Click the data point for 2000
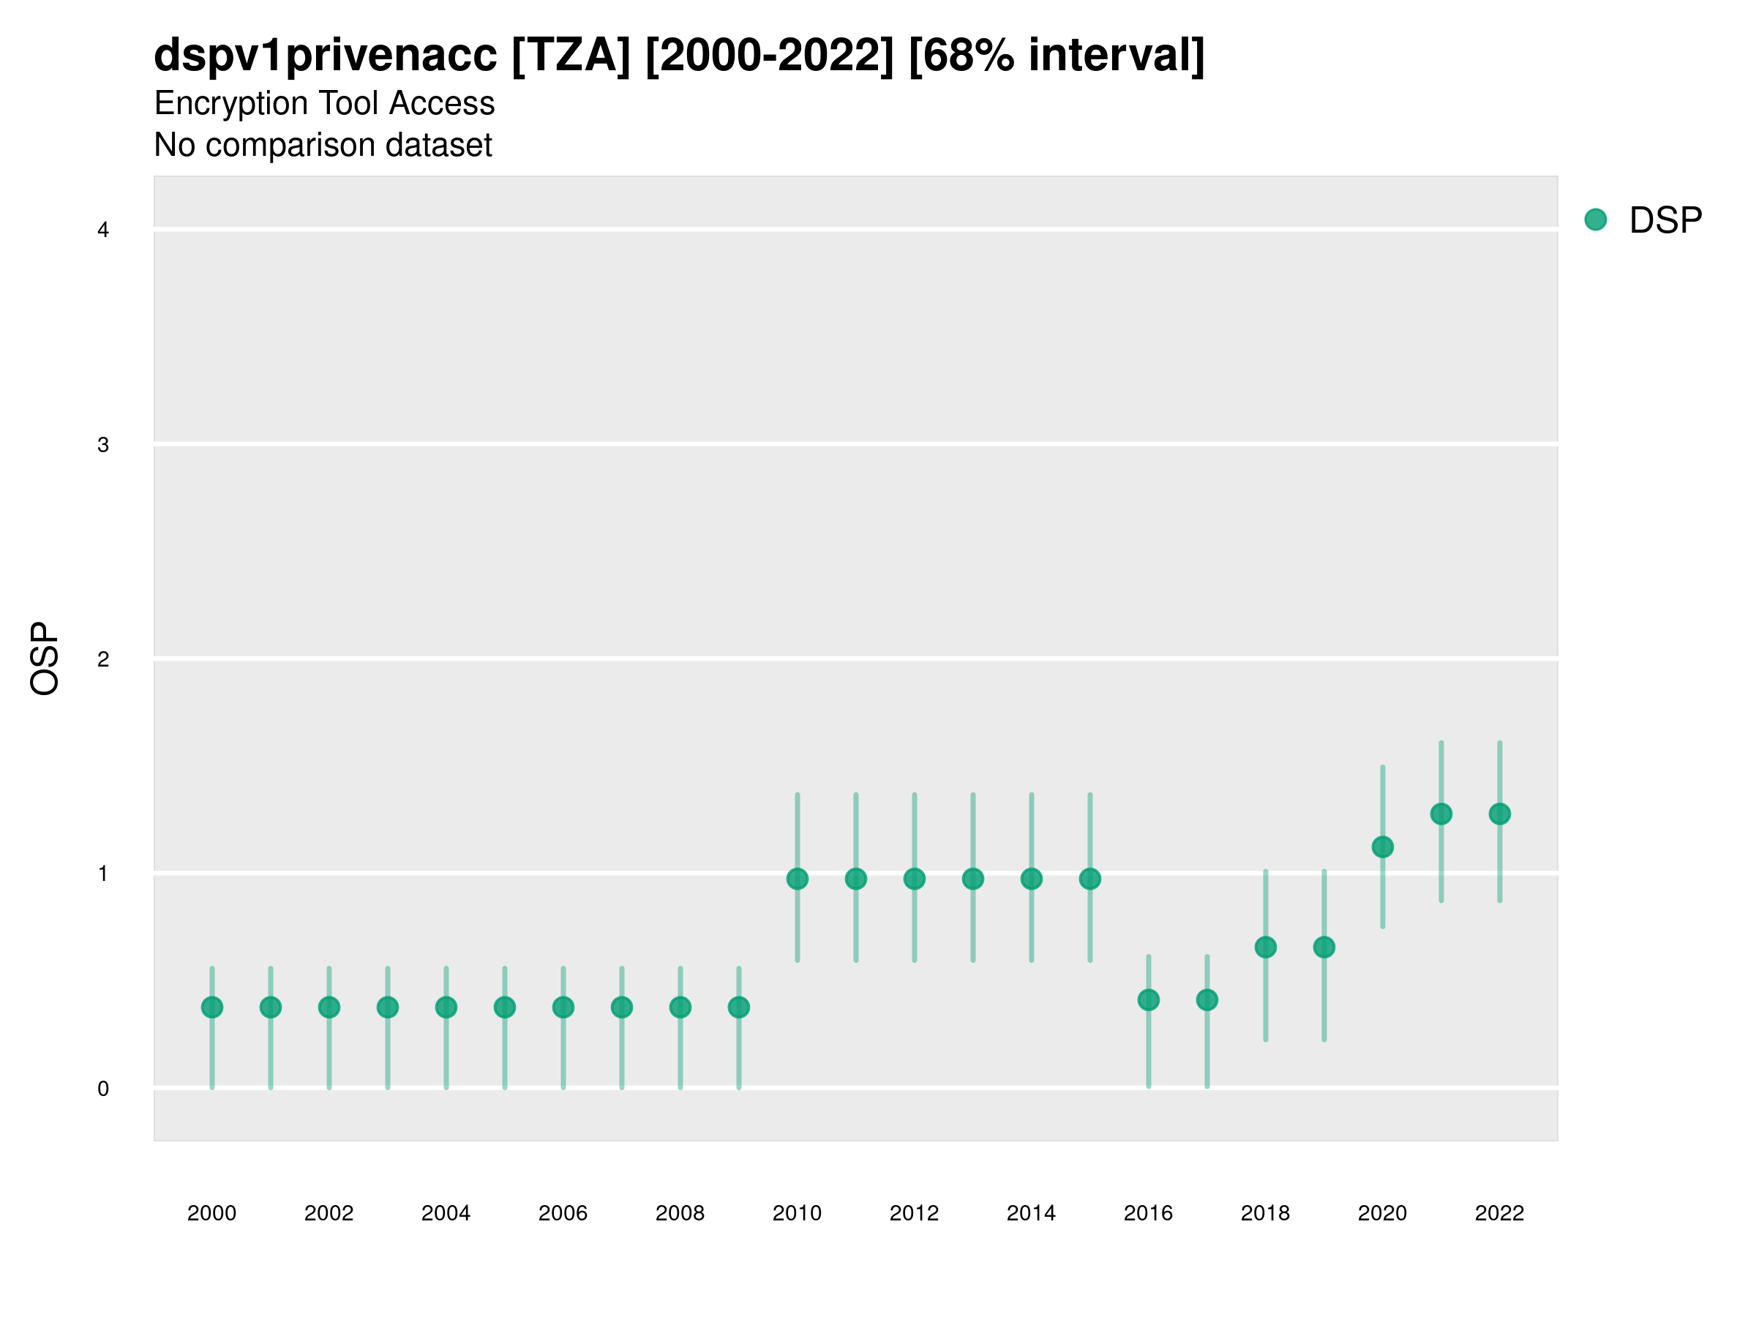click(212, 1008)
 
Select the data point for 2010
click(797, 879)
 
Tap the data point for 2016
click(1148, 999)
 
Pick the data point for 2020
click(1382, 847)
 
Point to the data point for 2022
click(1500, 814)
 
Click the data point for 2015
click(1090, 879)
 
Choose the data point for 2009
click(738, 1008)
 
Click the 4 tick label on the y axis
click(103, 230)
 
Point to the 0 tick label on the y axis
click(103, 1089)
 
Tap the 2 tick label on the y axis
click(103, 659)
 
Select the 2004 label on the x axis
click(446, 1213)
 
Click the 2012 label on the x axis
click(914, 1213)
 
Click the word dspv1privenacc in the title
click(326, 55)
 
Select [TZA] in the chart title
click(571, 55)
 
